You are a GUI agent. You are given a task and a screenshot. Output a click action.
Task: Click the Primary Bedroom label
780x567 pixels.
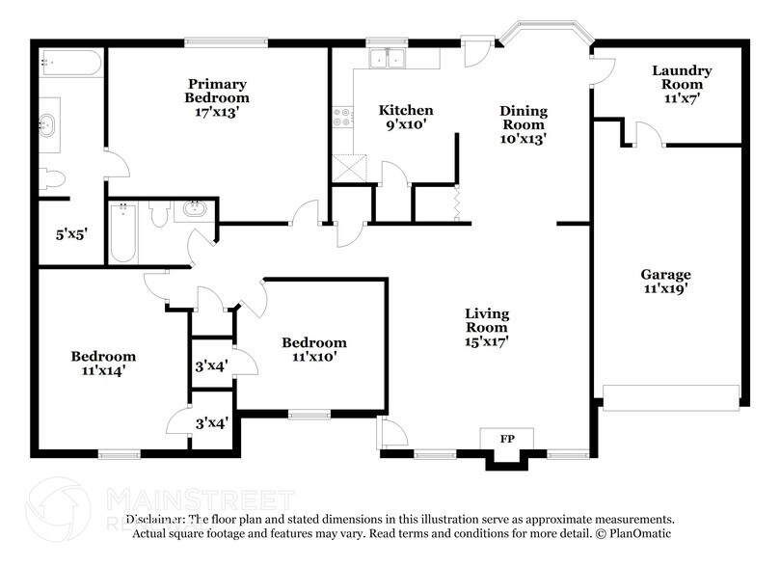(x=217, y=97)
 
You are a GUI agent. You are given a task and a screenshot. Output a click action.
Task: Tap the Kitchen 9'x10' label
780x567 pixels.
(x=405, y=117)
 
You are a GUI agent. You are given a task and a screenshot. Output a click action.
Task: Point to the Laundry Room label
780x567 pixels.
(x=682, y=83)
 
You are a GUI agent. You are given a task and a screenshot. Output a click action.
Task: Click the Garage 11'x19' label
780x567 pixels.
(x=666, y=281)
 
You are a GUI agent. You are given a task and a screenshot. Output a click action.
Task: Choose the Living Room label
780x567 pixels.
(x=487, y=326)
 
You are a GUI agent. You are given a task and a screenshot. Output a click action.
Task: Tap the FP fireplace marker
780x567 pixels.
(x=506, y=440)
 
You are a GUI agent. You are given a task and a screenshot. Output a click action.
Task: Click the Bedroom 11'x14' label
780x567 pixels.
(x=103, y=363)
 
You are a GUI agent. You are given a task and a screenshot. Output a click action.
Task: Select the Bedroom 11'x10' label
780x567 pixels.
(x=313, y=349)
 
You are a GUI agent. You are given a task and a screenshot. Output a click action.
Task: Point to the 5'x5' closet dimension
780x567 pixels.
(x=71, y=232)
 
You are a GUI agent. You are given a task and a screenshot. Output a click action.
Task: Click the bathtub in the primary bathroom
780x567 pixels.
(x=70, y=63)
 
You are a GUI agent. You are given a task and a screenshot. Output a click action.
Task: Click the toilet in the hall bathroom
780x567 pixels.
(x=160, y=214)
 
